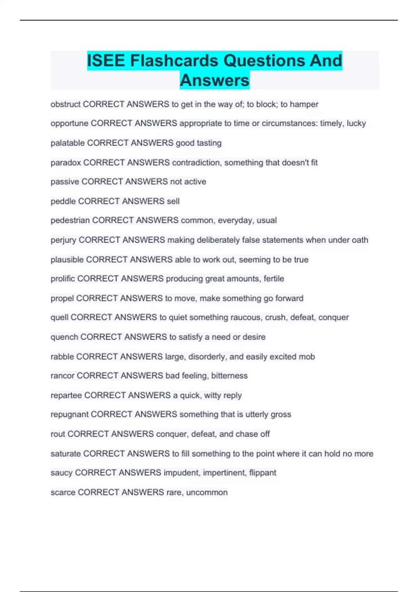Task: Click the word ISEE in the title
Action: pyautogui.click(x=106, y=61)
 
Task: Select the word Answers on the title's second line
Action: pyautogui.click(x=215, y=80)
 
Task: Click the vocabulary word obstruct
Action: pyautogui.click(x=65, y=104)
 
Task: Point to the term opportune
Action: pyautogui.click(x=69, y=124)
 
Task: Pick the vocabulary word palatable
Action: pyautogui.click(x=68, y=143)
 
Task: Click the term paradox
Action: pyautogui.click(x=66, y=163)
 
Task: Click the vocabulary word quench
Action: pyautogui.click(x=64, y=337)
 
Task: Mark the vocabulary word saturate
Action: pyautogui.click(x=66, y=454)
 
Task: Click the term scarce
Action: pyautogui.click(x=63, y=492)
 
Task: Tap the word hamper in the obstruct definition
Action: pyautogui.click(x=304, y=104)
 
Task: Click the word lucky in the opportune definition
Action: pyautogui.click(x=356, y=124)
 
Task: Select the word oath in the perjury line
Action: pyautogui.click(x=360, y=240)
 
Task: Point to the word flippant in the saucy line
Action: pyautogui.click(x=263, y=473)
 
